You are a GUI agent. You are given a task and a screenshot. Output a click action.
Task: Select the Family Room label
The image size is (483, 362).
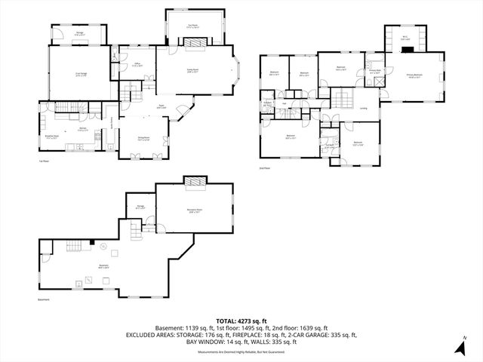(x=193, y=69)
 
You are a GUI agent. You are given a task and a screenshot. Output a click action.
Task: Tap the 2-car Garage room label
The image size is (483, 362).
(x=81, y=74)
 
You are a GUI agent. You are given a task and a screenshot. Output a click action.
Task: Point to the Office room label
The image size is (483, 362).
(x=137, y=65)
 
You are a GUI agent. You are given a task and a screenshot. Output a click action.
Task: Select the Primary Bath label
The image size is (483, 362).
(x=374, y=72)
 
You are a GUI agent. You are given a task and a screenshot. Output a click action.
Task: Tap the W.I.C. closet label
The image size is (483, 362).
(x=405, y=38)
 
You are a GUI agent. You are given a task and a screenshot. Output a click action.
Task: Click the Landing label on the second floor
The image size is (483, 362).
(x=363, y=109)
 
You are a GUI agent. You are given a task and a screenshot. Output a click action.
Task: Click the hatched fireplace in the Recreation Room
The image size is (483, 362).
(x=195, y=183)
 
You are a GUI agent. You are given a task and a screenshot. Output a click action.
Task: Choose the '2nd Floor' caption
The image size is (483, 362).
(x=264, y=168)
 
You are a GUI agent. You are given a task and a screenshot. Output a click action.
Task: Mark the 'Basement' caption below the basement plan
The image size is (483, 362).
(x=43, y=299)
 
